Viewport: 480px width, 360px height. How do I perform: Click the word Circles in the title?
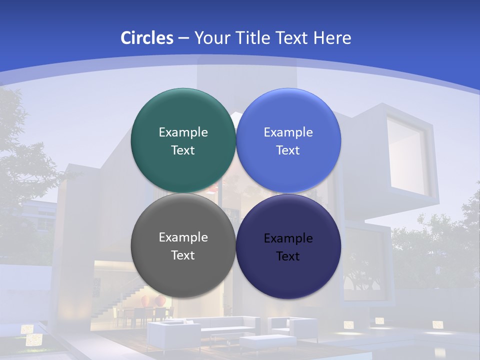click(146, 38)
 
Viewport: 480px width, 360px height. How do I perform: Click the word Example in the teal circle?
click(183, 132)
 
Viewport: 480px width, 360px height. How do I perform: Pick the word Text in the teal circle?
click(183, 150)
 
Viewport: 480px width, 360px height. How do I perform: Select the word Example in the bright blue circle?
click(288, 132)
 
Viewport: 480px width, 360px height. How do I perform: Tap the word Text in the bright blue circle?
click(288, 150)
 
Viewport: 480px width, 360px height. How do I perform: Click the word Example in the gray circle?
click(183, 237)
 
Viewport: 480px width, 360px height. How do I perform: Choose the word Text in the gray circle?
click(183, 255)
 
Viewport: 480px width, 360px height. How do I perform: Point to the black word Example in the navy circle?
click(288, 238)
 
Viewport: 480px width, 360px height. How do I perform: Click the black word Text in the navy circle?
click(288, 256)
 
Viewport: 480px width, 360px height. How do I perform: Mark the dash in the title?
click(183, 38)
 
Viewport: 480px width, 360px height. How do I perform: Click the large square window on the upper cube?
click(407, 154)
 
